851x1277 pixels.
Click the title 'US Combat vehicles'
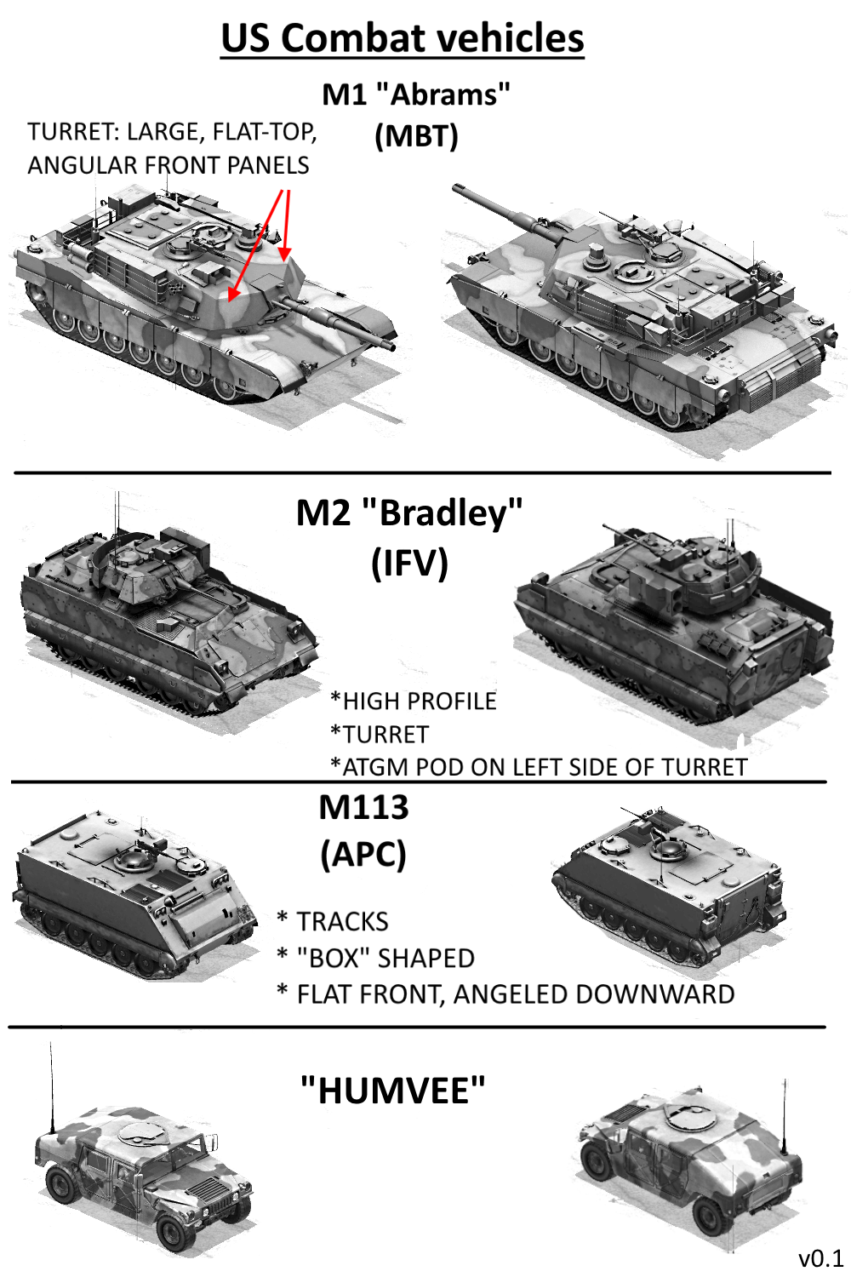(x=403, y=39)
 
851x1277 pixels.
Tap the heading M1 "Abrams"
(x=416, y=94)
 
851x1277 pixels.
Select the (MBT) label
(x=416, y=136)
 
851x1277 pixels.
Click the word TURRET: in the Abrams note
(x=72, y=132)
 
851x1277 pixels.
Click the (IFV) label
(x=409, y=564)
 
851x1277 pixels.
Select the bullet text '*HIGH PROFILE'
(x=414, y=701)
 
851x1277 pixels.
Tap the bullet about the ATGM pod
(x=540, y=767)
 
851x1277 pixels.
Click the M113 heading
(x=363, y=807)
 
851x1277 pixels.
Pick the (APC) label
(x=363, y=854)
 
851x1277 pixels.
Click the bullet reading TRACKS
(x=333, y=922)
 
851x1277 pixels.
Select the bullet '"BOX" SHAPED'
(x=376, y=959)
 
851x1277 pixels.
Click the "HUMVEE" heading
(x=392, y=1091)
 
